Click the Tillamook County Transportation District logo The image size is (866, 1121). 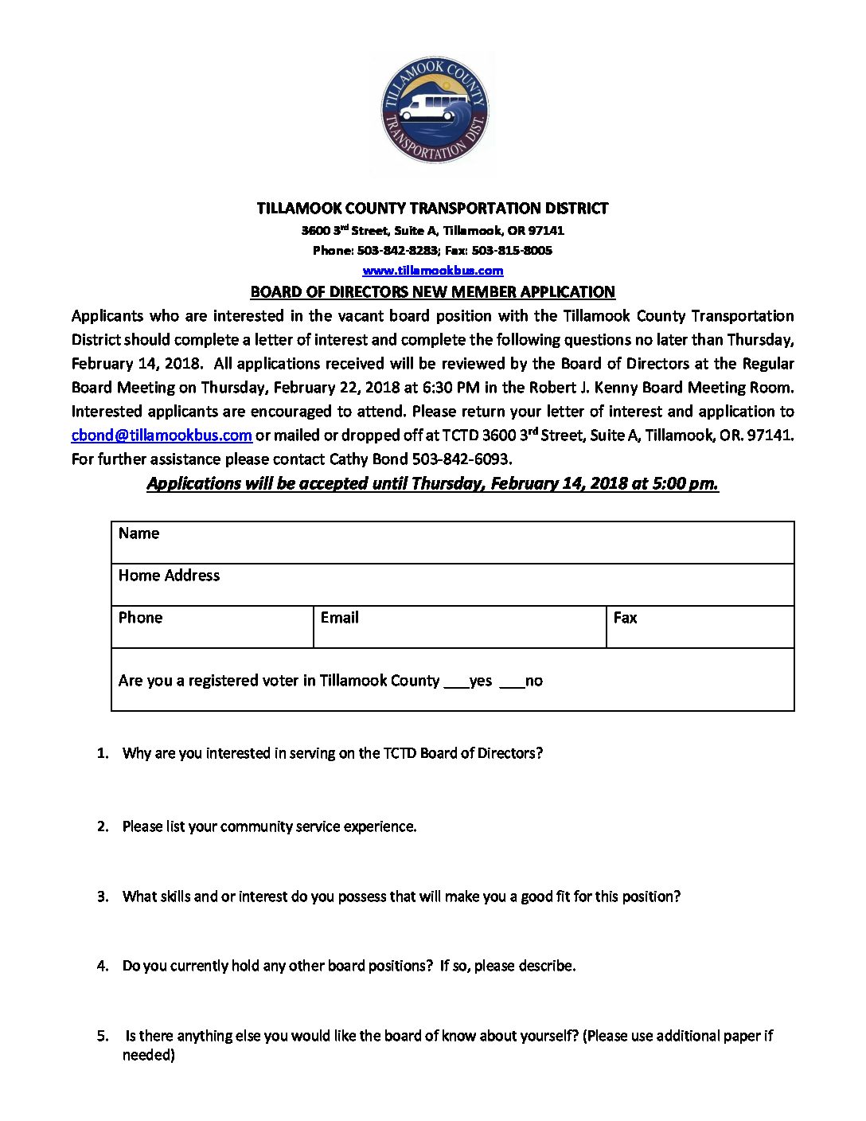[434, 111]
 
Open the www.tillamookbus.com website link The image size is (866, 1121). [433, 271]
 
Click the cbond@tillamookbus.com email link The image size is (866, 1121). [162, 436]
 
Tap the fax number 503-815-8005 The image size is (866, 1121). [512, 250]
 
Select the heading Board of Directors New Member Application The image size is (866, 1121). [433, 291]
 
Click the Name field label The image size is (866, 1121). [138, 533]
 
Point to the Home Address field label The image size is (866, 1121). [169, 576]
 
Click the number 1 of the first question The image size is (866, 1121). [102, 753]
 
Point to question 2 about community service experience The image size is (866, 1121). [269, 826]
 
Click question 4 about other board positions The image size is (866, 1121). [349, 966]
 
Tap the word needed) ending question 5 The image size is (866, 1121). [149, 1055]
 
